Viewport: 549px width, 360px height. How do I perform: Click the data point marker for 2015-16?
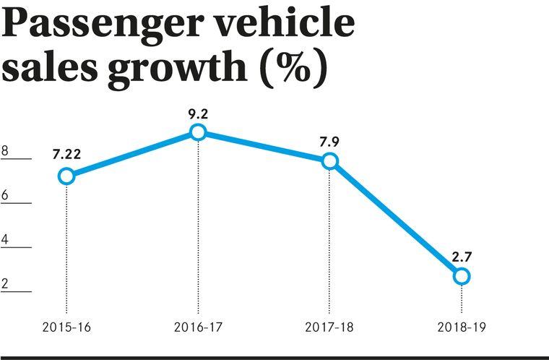click(x=66, y=176)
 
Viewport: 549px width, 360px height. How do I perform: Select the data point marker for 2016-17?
click(x=198, y=132)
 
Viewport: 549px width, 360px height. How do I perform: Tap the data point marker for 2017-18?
click(x=329, y=161)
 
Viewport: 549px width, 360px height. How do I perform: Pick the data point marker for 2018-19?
click(x=462, y=275)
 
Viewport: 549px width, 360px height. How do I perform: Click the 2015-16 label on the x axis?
click(x=66, y=327)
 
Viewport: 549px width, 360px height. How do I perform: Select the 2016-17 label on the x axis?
click(x=197, y=327)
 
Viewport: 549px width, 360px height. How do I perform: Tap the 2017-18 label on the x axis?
click(x=329, y=327)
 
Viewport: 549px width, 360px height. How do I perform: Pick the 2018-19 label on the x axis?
click(x=461, y=327)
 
